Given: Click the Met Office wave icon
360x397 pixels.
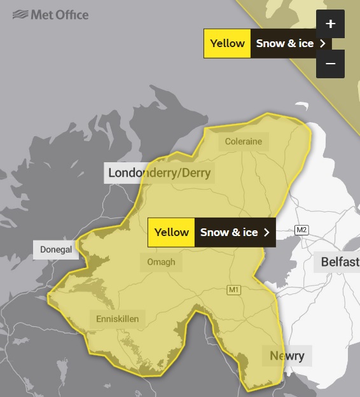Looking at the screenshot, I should (x=20, y=14).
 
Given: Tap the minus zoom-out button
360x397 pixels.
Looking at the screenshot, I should (x=330, y=64).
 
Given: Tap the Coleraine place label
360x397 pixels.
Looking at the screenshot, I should (x=244, y=141).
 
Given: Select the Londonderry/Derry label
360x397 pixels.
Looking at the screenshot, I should (x=159, y=172).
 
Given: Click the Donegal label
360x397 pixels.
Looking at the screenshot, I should (x=57, y=249).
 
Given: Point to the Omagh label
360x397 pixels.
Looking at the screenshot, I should (x=160, y=261).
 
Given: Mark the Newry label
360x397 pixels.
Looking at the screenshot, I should (x=287, y=356).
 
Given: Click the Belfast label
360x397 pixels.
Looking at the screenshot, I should (x=339, y=262).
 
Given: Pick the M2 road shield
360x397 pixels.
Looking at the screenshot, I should (x=301, y=230).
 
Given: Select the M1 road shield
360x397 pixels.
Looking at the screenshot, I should (x=234, y=290).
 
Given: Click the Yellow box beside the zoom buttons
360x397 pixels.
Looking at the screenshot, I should (x=227, y=43).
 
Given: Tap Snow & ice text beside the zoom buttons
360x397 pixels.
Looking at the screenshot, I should (x=285, y=43).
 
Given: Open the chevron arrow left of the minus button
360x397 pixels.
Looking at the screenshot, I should (x=322, y=43).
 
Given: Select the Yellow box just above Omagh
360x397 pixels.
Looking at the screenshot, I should (x=171, y=232).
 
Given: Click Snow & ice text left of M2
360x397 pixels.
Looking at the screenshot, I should (x=229, y=232).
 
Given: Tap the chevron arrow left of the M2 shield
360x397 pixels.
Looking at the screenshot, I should (x=267, y=232).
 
